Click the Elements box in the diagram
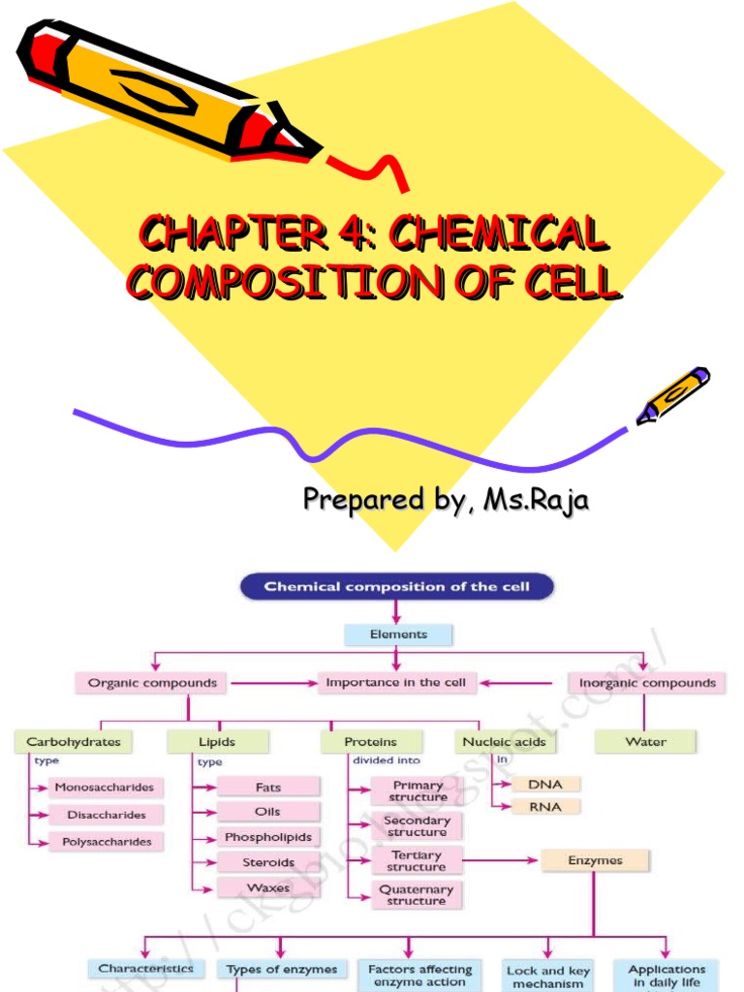397,635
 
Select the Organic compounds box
152,683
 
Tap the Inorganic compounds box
647,683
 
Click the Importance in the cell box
395,683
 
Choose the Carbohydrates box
74,742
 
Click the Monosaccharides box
104,788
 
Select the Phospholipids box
268,837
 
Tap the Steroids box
268,862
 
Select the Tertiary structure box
417,861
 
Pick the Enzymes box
595,860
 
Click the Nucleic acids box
504,742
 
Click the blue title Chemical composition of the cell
396,587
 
